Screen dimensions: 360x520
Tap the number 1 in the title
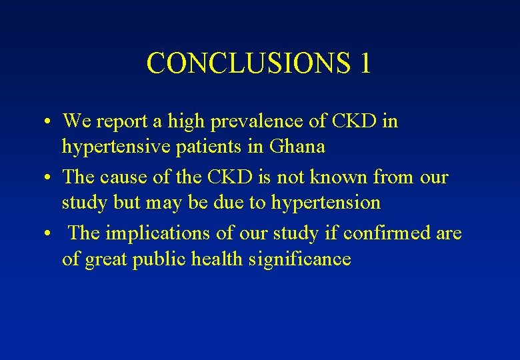pyautogui.click(x=364, y=63)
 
